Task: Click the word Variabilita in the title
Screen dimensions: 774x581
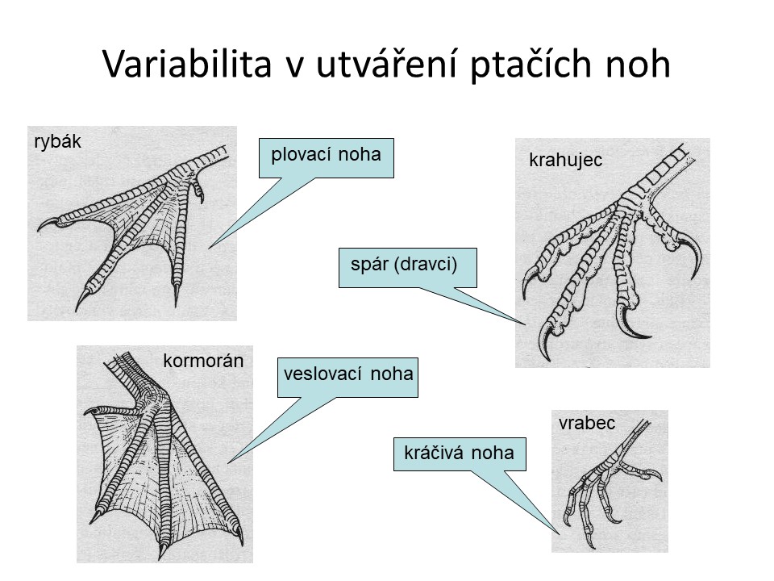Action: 188,64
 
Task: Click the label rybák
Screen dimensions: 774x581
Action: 57,142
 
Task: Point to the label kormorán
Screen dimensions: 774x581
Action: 203,362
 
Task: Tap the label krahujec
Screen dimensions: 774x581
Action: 566,160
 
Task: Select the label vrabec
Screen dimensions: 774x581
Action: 587,424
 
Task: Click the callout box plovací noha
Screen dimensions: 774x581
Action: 327,157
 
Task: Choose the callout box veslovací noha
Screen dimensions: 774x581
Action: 347,378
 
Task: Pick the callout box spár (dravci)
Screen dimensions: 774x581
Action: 408,267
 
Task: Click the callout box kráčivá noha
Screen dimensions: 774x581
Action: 460,454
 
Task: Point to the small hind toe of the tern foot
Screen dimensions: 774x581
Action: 198,189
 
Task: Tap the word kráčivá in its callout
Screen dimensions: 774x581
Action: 435,453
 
